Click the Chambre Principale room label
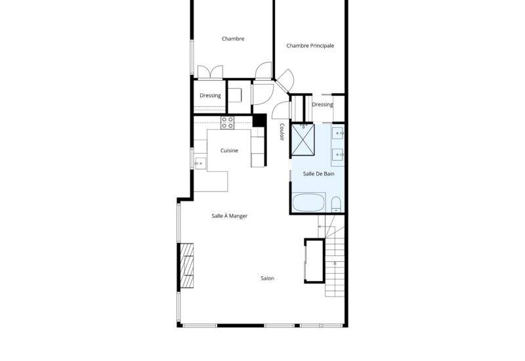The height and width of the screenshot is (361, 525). pos(310,45)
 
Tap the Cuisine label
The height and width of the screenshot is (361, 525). pos(229,150)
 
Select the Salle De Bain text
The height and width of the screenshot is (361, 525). pos(318,173)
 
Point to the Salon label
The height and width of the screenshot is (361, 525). pos(267,278)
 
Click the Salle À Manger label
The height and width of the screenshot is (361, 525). pos(229,216)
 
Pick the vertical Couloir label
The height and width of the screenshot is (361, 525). pos(282,132)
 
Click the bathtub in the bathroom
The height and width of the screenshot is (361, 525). pos(308,202)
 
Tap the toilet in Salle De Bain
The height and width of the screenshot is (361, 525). pos(336,204)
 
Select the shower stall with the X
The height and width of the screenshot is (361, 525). pos(303,140)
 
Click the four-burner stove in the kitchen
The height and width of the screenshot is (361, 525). pos(227,123)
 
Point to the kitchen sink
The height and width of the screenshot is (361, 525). pos(200,163)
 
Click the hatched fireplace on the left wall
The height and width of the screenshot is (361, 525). pos(187,266)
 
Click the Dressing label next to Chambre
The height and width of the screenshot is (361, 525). pos(210,95)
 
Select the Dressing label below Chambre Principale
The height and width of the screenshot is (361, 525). pos(322,104)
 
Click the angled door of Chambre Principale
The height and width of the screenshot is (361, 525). pos(285,80)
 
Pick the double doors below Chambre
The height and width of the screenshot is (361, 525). pos(210,72)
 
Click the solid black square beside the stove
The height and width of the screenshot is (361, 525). pos(259,120)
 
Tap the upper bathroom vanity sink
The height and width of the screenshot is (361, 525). pos(337,133)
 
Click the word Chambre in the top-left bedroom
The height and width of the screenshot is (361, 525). pos(233,39)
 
